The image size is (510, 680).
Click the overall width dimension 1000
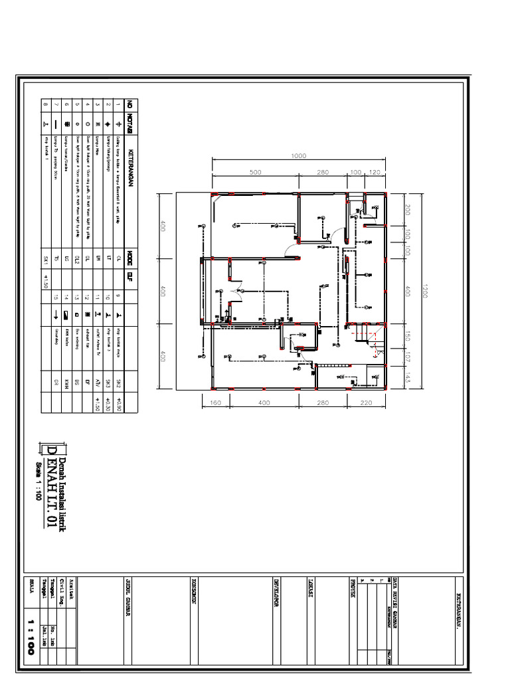coord(298,156)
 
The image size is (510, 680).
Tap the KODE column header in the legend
coord(131,256)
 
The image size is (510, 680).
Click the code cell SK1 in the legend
coord(46,256)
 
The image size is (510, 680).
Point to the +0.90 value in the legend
coord(119,404)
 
